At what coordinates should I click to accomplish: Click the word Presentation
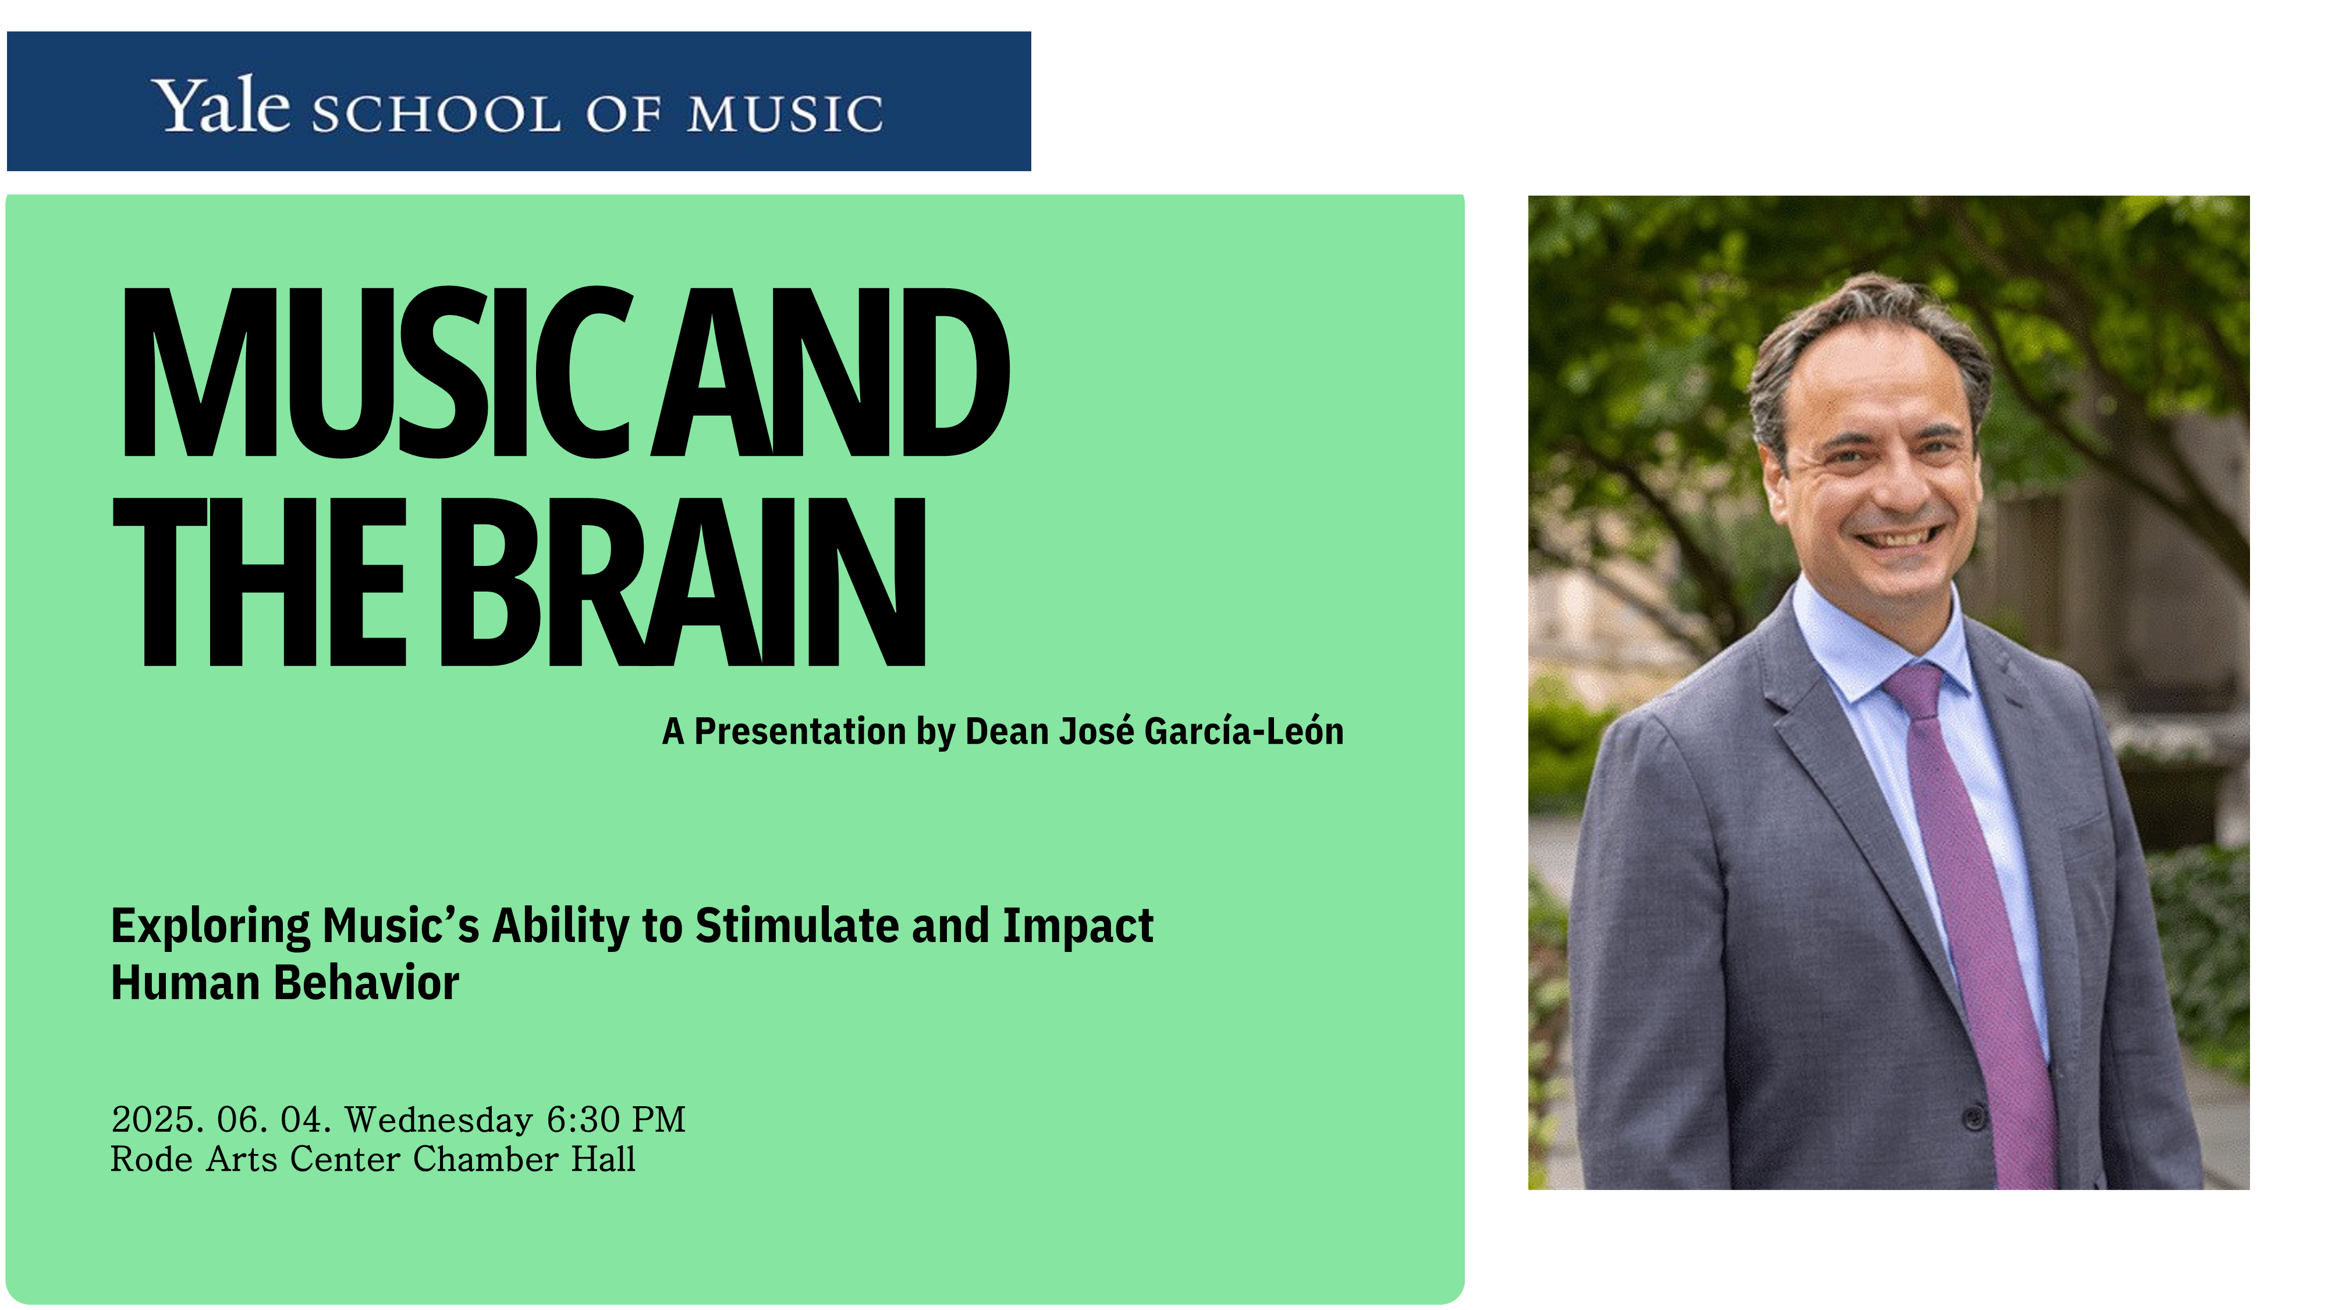[x=800, y=731]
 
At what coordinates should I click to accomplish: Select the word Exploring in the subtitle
[x=211, y=927]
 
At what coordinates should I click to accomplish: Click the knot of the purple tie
[x=1915, y=687]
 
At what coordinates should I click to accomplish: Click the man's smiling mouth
[x=1898, y=537]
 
